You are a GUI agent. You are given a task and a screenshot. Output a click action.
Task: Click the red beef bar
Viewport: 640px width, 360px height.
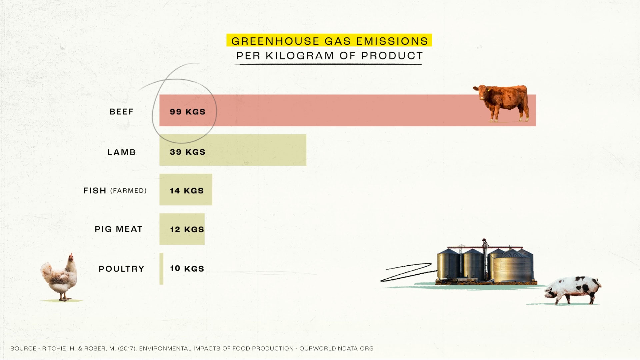click(347, 110)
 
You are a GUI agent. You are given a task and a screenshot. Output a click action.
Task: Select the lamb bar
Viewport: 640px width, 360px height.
click(233, 150)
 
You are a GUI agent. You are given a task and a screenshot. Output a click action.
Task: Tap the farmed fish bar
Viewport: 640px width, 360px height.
click(186, 189)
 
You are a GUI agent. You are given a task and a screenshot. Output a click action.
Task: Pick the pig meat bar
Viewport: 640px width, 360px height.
click(182, 229)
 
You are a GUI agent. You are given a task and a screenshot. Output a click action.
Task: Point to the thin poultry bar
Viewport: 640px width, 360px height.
click(161, 269)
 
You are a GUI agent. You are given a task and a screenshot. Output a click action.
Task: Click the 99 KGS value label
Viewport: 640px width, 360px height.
click(187, 112)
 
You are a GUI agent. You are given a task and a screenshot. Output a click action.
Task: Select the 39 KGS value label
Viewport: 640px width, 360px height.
click(187, 152)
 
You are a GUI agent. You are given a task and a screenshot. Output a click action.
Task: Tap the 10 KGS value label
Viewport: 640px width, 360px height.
click(187, 268)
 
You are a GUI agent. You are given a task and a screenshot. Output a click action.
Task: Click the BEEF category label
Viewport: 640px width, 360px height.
click(121, 112)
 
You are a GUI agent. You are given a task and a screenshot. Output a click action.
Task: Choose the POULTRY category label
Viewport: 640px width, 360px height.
click(121, 269)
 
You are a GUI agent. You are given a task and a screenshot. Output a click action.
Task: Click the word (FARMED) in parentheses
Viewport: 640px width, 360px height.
click(128, 191)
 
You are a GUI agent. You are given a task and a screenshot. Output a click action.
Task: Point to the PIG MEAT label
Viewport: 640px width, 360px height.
click(118, 229)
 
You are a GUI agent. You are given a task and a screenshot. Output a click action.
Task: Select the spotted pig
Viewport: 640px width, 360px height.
click(573, 290)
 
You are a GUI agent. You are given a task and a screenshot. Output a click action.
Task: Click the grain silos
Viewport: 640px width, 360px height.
click(486, 263)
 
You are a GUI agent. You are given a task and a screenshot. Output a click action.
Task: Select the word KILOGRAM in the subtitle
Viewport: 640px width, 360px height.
click(300, 56)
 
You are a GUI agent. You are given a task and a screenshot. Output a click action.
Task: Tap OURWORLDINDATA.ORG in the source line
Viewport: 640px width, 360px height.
click(336, 348)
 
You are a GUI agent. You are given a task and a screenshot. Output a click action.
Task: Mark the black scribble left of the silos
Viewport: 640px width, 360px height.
click(407, 272)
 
